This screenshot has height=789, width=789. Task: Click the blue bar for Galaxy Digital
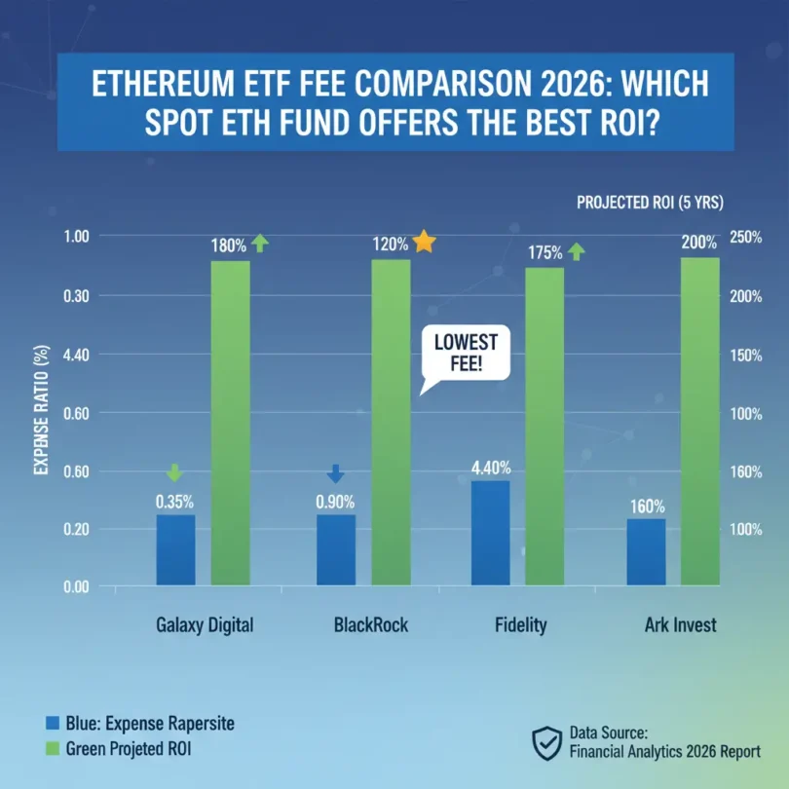click(175, 549)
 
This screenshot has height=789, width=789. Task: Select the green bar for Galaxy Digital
click(230, 423)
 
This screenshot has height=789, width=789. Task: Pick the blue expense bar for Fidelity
click(490, 533)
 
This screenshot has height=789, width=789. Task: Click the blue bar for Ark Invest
click(646, 551)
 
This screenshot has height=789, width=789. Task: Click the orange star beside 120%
click(424, 242)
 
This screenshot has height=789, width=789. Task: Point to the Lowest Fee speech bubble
click(458, 357)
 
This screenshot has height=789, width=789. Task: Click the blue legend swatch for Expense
click(53, 723)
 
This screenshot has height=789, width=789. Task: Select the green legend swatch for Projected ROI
click(53, 750)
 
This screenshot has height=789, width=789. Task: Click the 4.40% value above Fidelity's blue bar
click(490, 468)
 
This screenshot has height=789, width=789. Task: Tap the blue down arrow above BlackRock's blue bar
click(335, 473)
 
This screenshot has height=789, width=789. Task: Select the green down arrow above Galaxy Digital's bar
click(174, 473)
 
